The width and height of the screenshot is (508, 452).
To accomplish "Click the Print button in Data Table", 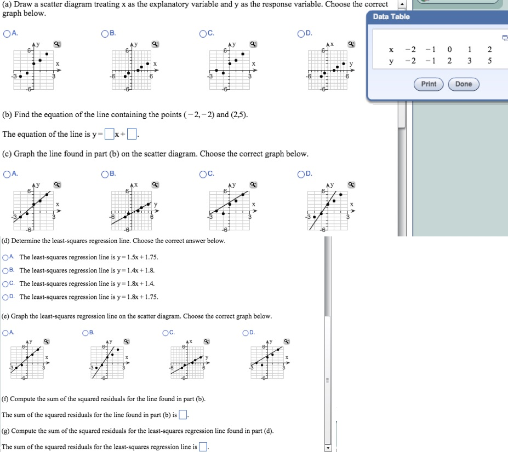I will (429, 84).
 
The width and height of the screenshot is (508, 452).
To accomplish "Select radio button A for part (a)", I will (6, 34).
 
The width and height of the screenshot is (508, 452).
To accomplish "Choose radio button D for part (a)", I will (301, 34).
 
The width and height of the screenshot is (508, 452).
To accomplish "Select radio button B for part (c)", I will (105, 175).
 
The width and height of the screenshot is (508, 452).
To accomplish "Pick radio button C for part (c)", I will (203, 175).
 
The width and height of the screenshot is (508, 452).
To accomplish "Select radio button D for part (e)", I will (246, 332).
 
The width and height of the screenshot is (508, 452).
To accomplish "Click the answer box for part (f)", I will (183, 414).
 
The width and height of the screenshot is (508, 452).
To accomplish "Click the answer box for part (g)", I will (203, 447).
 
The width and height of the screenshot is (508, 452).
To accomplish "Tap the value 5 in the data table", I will (489, 61).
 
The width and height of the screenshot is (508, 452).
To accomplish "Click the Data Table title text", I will (391, 17).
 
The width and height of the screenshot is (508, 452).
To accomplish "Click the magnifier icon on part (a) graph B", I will (155, 44).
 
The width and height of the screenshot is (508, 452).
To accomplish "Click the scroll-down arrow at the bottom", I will (328, 448).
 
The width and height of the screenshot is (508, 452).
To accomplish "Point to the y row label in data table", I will (391, 61).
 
